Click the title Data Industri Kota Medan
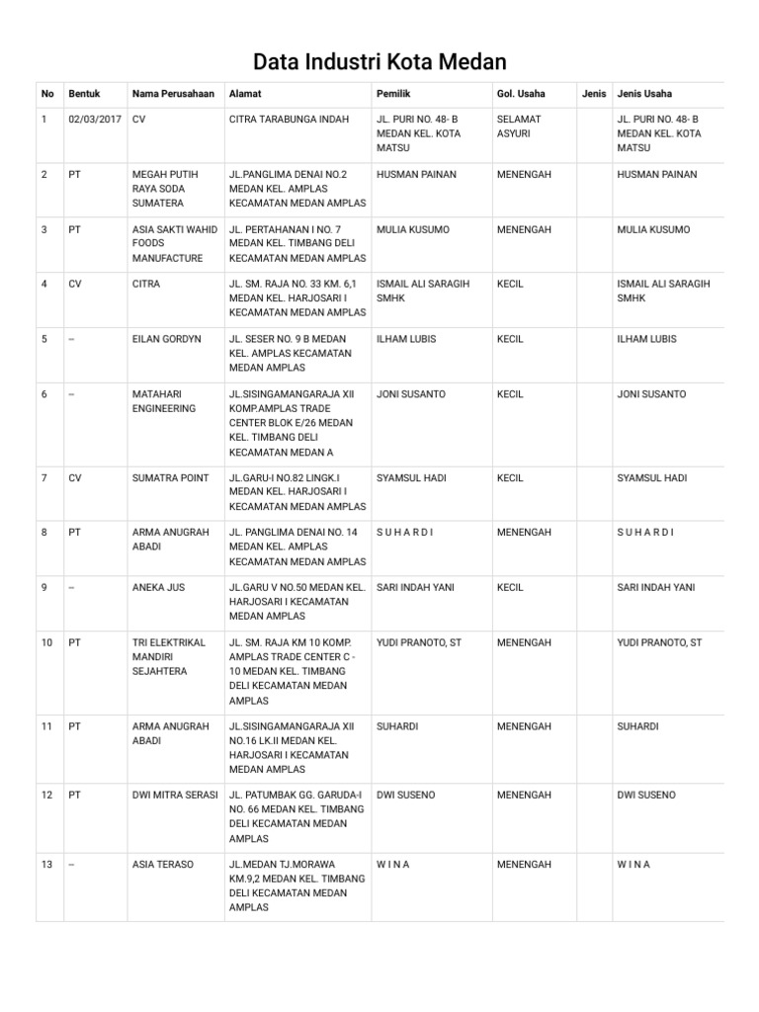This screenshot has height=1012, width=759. (x=379, y=62)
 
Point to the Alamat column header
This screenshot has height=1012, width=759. (x=244, y=94)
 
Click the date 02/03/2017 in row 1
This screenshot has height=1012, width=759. (x=95, y=120)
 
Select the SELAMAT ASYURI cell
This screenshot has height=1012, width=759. (x=519, y=126)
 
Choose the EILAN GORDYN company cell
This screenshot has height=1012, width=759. (x=166, y=339)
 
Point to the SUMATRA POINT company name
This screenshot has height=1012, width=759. (x=170, y=478)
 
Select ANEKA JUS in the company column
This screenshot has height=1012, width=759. (x=158, y=587)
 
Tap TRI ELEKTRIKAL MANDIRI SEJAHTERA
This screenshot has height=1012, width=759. (x=169, y=656)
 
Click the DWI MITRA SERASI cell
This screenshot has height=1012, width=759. (x=174, y=795)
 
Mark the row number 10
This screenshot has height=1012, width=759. (x=46, y=642)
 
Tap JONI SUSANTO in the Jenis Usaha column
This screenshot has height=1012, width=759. (x=650, y=394)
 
